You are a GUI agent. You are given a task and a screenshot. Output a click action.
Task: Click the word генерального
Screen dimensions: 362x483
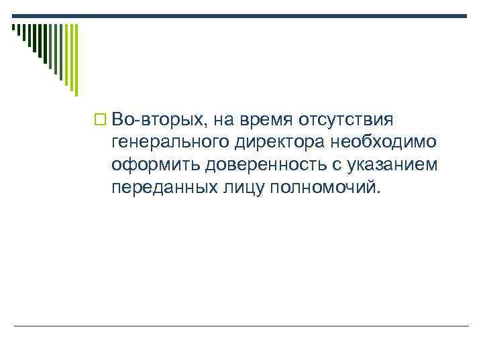tap(172, 143)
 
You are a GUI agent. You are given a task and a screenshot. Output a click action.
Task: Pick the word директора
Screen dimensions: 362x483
tap(280, 142)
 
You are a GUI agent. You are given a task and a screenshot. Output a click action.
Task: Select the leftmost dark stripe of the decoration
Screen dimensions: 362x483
tap(13, 28)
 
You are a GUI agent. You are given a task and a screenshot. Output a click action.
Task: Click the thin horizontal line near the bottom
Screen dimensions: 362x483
tap(241, 326)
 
